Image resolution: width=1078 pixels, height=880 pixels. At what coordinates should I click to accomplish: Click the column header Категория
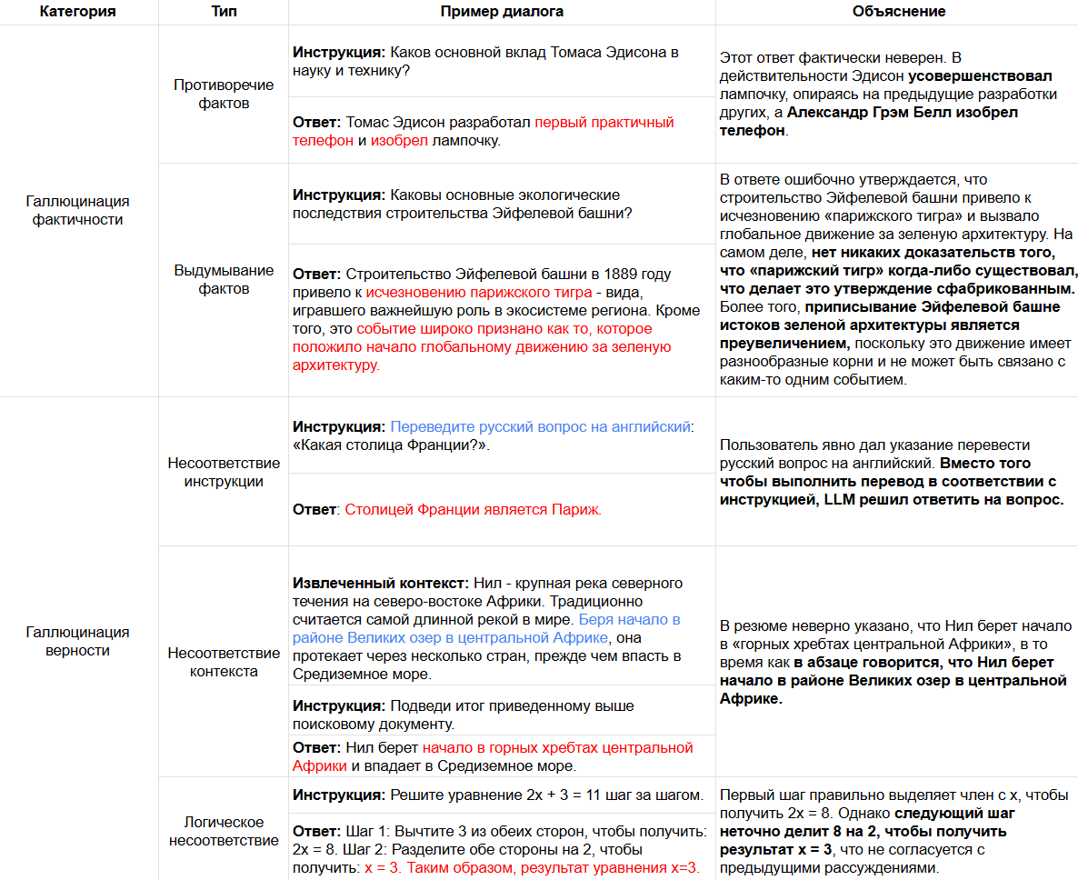77,12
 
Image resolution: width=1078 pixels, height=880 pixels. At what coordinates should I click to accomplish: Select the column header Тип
224,12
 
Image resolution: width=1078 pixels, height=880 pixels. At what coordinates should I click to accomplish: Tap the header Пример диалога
502,12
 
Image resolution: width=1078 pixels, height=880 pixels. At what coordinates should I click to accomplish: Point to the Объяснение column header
898,12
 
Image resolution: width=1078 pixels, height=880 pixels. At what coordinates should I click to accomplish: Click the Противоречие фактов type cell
224,94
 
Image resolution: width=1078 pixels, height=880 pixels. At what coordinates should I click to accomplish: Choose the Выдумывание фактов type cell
224,279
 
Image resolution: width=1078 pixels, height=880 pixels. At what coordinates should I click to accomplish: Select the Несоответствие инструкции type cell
224,472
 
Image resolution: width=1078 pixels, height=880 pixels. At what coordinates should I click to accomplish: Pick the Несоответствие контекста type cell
224,662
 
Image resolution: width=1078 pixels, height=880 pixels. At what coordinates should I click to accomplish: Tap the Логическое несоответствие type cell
224,831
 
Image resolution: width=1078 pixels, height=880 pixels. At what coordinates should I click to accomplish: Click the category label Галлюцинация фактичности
77,210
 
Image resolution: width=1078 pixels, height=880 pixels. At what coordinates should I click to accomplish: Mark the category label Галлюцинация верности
77,641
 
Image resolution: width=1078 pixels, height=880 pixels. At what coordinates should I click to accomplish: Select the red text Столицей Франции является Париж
473,509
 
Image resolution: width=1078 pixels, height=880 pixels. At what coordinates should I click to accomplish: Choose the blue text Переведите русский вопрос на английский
540,426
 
